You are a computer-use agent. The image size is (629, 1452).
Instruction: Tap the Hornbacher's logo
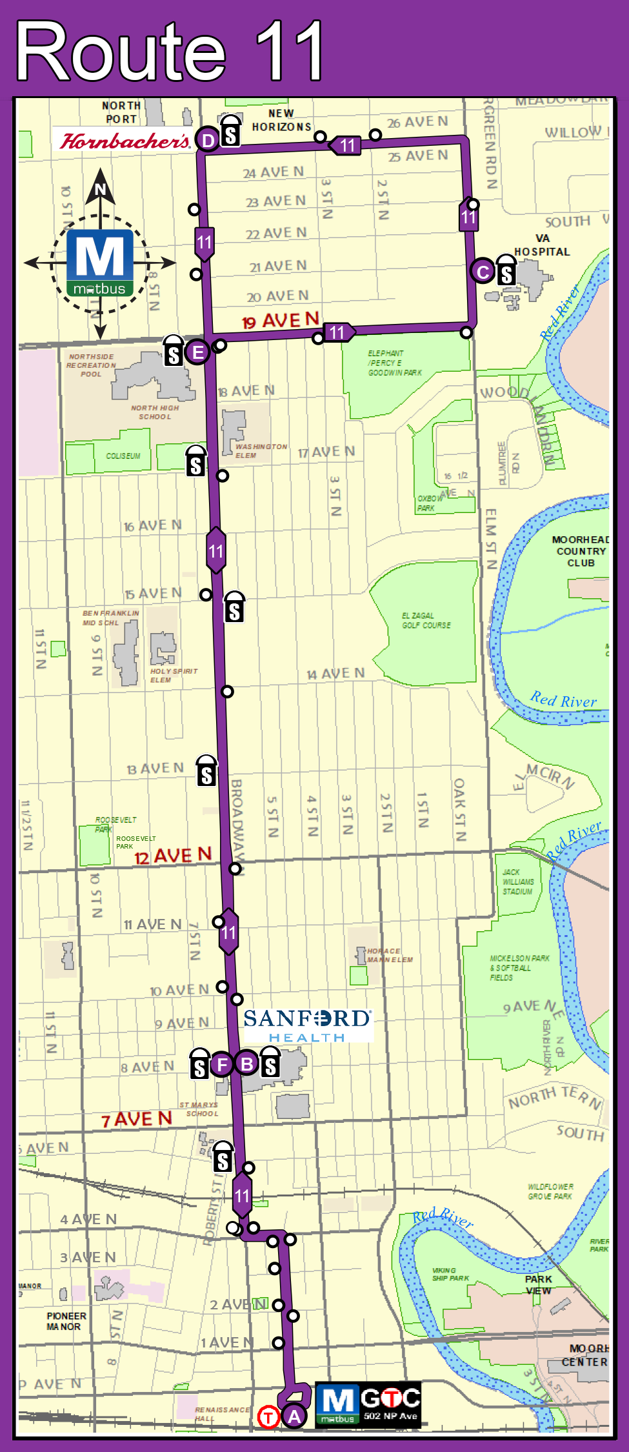click(x=125, y=141)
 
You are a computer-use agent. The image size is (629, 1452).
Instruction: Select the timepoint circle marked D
click(x=208, y=140)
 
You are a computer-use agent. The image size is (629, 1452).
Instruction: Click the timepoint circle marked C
click(x=483, y=272)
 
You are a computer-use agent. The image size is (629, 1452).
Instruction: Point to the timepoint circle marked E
click(x=197, y=352)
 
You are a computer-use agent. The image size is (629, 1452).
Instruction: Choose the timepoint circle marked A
click(x=294, y=1417)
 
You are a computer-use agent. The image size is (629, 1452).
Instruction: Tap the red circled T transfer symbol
click(x=268, y=1417)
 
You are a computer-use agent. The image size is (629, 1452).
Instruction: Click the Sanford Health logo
click(x=307, y=1025)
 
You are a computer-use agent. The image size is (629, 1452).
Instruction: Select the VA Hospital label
click(x=542, y=245)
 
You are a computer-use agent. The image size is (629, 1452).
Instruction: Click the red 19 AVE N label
click(x=281, y=320)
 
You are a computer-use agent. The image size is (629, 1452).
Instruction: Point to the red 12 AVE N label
click(x=173, y=856)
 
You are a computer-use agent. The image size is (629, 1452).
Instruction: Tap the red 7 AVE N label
click(x=137, y=1120)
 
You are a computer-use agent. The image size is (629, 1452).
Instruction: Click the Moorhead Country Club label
click(x=581, y=551)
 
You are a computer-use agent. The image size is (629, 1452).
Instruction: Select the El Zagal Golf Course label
click(x=426, y=620)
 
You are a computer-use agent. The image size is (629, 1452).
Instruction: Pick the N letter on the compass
click(x=100, y=189)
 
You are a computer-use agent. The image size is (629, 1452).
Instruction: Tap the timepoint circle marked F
click(x=222, y=1064)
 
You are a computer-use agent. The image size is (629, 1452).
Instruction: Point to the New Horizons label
click(x=281, y=121)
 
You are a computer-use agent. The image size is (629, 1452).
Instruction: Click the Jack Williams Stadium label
click(x=518, y=882)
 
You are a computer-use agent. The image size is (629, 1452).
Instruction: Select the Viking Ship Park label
click(x=450, y=1274)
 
